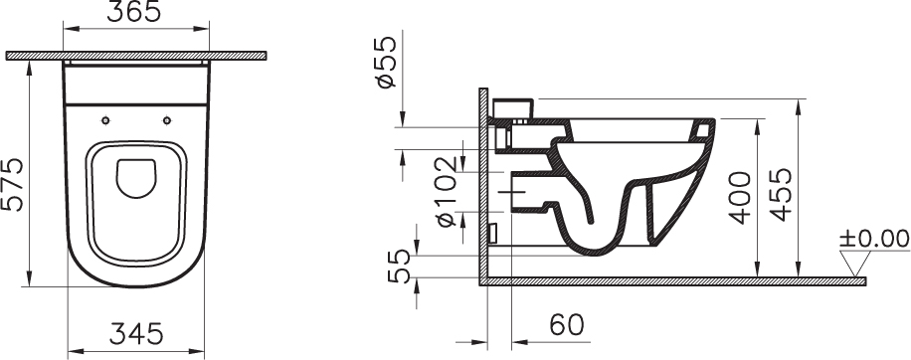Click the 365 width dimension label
pos(133,12)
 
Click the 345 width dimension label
pos(137,334)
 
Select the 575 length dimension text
pos(13,184)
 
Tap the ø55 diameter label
pos(386,62)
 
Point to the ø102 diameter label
pos(448,192)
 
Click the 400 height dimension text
pos(740,198)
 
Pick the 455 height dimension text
pos(781,195)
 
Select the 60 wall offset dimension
pos(567,324)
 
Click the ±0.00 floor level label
pos(874,239)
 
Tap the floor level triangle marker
pos(855,263)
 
